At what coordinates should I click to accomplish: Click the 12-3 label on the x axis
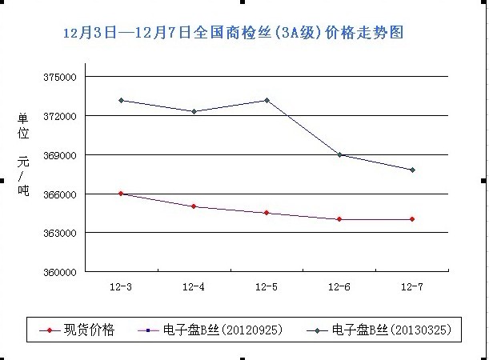(121, 286)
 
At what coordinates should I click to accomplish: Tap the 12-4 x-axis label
(194, 286)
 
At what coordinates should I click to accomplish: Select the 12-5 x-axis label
(267, 286)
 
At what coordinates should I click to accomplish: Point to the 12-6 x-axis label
(339, 286)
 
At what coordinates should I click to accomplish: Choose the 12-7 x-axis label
(412, 286)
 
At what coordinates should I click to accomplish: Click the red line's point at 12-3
(121, 194)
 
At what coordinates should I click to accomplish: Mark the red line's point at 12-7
(412, 219)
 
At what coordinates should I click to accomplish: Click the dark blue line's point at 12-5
(267, 100)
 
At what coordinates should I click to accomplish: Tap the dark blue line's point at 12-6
(339, 154)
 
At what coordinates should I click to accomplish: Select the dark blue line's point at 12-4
(194, 111)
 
